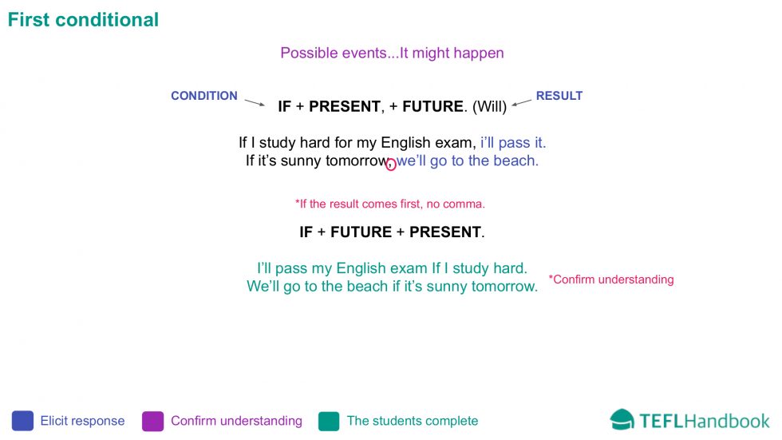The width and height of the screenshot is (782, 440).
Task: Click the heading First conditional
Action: pos(83,20)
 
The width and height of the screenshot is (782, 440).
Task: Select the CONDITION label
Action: pos(204,96)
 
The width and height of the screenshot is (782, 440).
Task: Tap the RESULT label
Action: pos(559,96)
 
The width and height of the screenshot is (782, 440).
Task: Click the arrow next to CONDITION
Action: pos(255,103)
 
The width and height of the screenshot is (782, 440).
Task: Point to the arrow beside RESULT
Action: pos(522,103)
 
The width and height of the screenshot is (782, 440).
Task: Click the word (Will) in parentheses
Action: pos(489,106)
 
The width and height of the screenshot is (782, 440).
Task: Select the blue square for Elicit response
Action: pos(22,421)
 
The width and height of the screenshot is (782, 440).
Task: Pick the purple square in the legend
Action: pos(152,421)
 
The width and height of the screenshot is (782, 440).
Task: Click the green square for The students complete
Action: pos(329,421)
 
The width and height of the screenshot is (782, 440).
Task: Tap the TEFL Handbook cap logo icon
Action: pos(622,419)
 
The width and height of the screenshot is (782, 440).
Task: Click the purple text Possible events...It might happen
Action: pos(392,53)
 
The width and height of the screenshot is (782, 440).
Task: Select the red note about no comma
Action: pos(390,204)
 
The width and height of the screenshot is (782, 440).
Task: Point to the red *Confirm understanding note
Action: pos(611,279)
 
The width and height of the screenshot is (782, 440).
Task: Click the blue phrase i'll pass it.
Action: pos(513,143)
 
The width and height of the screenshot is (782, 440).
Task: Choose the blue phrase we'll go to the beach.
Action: pos(468,161)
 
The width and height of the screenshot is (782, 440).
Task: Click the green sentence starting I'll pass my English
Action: pos(392,268)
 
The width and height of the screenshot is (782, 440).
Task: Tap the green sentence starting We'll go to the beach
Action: pos(392,287)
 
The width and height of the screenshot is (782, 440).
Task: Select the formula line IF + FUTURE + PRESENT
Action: pos(392,232)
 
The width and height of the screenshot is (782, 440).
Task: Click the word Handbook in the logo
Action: pos(727,422)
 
